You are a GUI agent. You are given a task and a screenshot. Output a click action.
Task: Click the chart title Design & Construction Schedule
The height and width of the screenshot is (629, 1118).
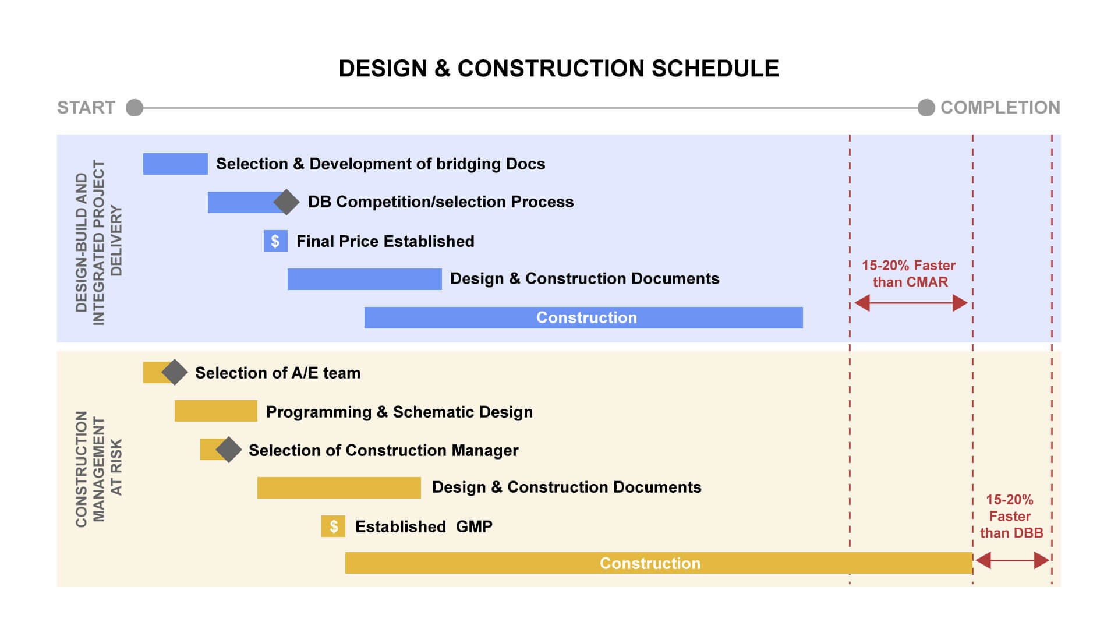click(x=558, y=69)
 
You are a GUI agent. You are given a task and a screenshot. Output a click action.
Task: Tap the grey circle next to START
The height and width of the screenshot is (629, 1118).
click(x=135, y=108)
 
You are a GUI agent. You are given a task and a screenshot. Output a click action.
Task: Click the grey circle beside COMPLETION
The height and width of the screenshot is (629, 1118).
click(x=926, y=108)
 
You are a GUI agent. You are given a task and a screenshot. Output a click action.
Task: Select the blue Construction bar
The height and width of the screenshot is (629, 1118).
click(x=583, y=317)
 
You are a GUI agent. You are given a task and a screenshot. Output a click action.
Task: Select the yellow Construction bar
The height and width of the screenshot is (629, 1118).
click(x=658, y=563)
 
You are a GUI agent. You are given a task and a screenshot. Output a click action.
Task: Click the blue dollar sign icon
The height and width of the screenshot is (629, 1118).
click(x=275, y=241)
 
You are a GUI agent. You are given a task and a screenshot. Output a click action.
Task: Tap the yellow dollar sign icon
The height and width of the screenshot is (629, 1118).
click(x=333, y=526)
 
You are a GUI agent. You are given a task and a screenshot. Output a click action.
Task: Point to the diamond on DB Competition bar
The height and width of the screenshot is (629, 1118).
click(x=286, y=202)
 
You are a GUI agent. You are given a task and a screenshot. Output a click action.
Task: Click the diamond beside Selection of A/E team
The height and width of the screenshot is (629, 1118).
click(x=174, y=372)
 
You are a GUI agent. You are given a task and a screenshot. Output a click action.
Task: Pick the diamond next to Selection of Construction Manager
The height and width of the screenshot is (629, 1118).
click(x=228, y=450)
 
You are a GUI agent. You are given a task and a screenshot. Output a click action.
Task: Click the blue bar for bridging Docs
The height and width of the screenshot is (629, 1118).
click(x=175, y=164)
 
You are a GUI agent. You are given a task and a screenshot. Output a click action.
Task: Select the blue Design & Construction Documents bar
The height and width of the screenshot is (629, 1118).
click(x=365, y=279)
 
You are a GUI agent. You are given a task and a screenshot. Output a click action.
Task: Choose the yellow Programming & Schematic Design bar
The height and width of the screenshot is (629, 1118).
click(x=215, y=411)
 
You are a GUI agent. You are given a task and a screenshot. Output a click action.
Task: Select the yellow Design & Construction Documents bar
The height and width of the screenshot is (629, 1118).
click(x=339, y=487)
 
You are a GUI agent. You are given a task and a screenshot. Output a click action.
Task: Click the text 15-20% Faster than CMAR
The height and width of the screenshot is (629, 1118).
click(x=909, y=274)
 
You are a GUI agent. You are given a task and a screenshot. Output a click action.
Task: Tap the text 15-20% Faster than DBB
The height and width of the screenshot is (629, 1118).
click(x=1011, y=516)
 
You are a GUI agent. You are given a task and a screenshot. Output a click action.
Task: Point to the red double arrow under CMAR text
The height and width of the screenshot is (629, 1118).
click(x=911, y=303)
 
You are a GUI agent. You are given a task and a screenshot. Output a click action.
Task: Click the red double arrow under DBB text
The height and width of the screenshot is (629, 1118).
click(x=1012, y=560)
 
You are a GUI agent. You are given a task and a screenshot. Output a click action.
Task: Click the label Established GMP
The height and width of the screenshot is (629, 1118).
click(x=423, y=526)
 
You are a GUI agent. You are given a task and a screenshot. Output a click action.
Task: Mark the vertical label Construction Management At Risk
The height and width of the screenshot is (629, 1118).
click(x=98, y=469)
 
